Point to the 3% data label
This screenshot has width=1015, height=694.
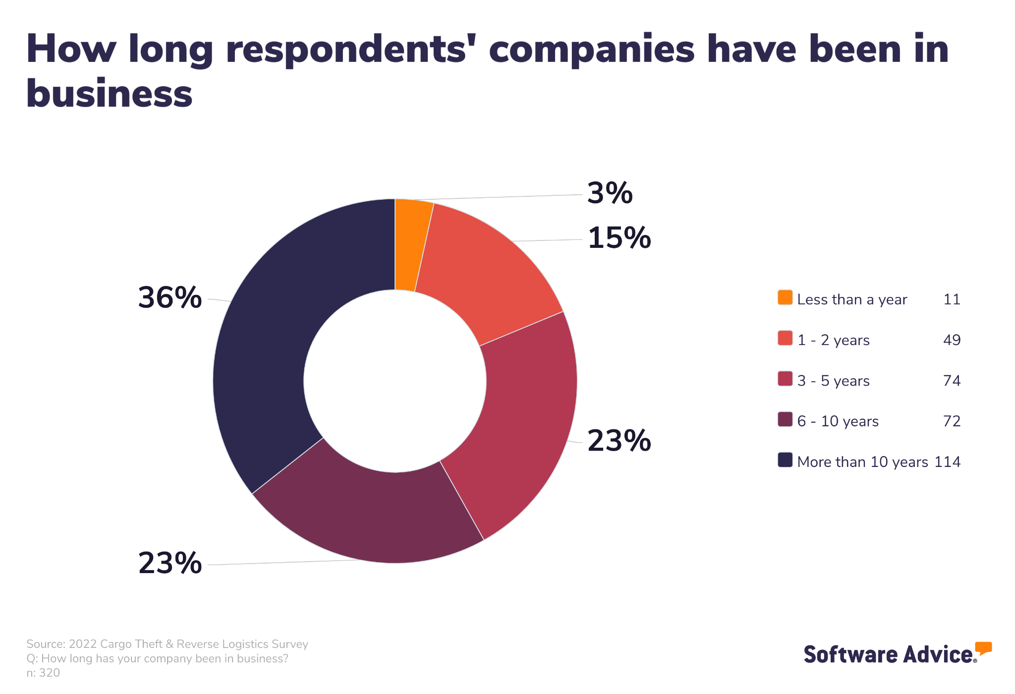pyautogui.click(x=610, y=193)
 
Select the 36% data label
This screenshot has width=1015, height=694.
pyautogui.click(x=169, y=297)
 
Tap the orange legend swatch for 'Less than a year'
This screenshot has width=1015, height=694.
pyautogui.click(x=785, y=297)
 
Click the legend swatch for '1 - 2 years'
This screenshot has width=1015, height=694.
pyautogui.click(x=785, y=338)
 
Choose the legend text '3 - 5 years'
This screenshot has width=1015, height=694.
pyautogui.click(x=833, y=381)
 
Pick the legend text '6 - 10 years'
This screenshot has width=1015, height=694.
pyautogui.click(x=838, y=421)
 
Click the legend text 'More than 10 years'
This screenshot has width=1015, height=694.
pyautogui.click(x=862, y=462)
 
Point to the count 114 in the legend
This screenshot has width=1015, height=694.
pyautogui.click(x=947, y=462)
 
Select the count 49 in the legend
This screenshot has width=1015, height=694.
pyautogui.click(x=952, y=340)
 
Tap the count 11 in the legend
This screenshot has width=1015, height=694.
pyautogui.click(x=952, y=299)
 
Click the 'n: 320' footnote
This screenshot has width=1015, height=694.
pyautogui.click(x=43, y=673)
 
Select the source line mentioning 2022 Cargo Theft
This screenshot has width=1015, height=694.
pyautogui.click(x=167, y=644)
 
